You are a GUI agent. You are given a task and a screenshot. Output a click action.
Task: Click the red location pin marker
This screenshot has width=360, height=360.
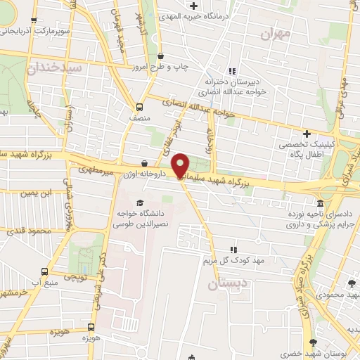180,165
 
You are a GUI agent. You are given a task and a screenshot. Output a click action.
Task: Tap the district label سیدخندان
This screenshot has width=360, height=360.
55,68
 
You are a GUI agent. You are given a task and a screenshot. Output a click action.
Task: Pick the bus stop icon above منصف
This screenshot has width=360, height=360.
139,108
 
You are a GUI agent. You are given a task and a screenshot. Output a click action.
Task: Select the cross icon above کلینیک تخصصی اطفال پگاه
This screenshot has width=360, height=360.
306,134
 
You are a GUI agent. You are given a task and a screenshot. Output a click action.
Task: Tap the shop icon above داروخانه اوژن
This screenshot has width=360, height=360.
144,163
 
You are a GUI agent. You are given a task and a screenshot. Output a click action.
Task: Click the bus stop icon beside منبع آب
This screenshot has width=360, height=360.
45,271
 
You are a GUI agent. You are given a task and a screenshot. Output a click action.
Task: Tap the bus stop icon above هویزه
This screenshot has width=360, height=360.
93,327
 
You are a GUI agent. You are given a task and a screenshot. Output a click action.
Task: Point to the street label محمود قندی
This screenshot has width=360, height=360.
32,231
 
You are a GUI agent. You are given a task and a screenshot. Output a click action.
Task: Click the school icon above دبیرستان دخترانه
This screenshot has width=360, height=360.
233,70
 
